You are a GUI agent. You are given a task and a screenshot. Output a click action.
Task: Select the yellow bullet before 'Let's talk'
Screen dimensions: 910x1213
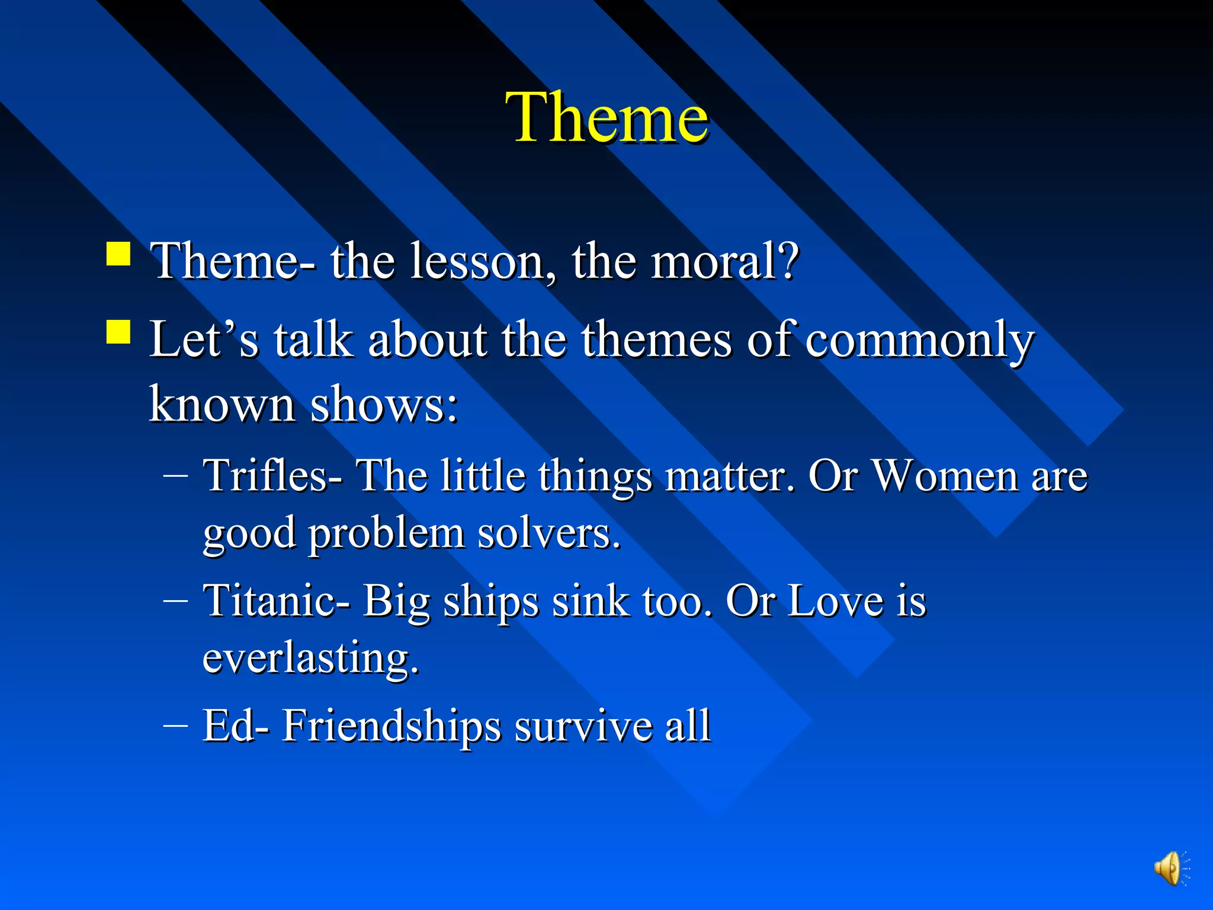(118, 332)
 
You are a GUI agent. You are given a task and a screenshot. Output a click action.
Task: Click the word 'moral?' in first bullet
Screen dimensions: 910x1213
(725, 261)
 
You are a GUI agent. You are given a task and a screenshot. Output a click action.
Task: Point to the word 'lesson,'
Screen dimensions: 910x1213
(483, 261)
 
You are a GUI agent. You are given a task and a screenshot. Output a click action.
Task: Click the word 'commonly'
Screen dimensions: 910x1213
(919, 341)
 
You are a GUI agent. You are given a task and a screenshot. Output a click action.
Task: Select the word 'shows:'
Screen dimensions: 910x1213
(384, 405)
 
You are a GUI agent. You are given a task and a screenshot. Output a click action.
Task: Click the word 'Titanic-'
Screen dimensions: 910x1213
(276, 601)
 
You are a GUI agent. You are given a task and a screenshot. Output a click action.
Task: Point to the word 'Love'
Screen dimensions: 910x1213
(835, 601)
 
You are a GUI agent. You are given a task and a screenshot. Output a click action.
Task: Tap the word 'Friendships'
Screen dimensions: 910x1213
(391, 726)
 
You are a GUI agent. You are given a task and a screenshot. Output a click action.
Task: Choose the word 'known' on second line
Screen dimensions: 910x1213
(222, 405)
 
